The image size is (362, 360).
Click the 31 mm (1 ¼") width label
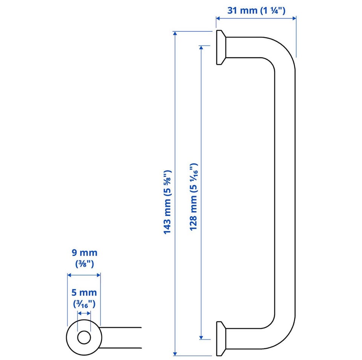(256, 11)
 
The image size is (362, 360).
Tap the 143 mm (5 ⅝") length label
(167, 202)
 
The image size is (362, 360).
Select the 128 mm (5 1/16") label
(193, 197)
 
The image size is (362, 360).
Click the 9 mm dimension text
(84, 252)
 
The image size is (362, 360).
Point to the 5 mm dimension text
(84, 292)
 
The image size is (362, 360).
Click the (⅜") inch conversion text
(84, 264)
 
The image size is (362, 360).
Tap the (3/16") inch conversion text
(84, 304)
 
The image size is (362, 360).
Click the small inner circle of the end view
(84, 338)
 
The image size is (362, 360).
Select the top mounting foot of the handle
(221, 48)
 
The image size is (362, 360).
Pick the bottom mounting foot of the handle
(221, 338)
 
